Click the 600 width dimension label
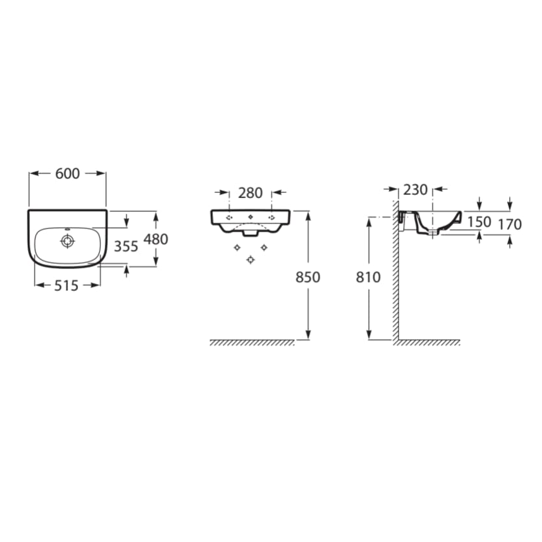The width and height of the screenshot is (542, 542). (67, 174)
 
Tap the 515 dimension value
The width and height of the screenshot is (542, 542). (66, 285)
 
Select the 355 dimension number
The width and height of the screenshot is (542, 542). (126, 246)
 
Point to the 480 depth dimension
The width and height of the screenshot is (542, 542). (156, 239)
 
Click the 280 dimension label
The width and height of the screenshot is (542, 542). (250, 193)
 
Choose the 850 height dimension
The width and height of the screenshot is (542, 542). (308, 277)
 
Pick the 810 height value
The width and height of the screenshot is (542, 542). (368, 277)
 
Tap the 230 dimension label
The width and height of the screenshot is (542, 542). (416, 190)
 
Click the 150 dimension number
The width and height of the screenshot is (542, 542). (479, 222)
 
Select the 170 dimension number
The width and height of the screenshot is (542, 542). (510, 225)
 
